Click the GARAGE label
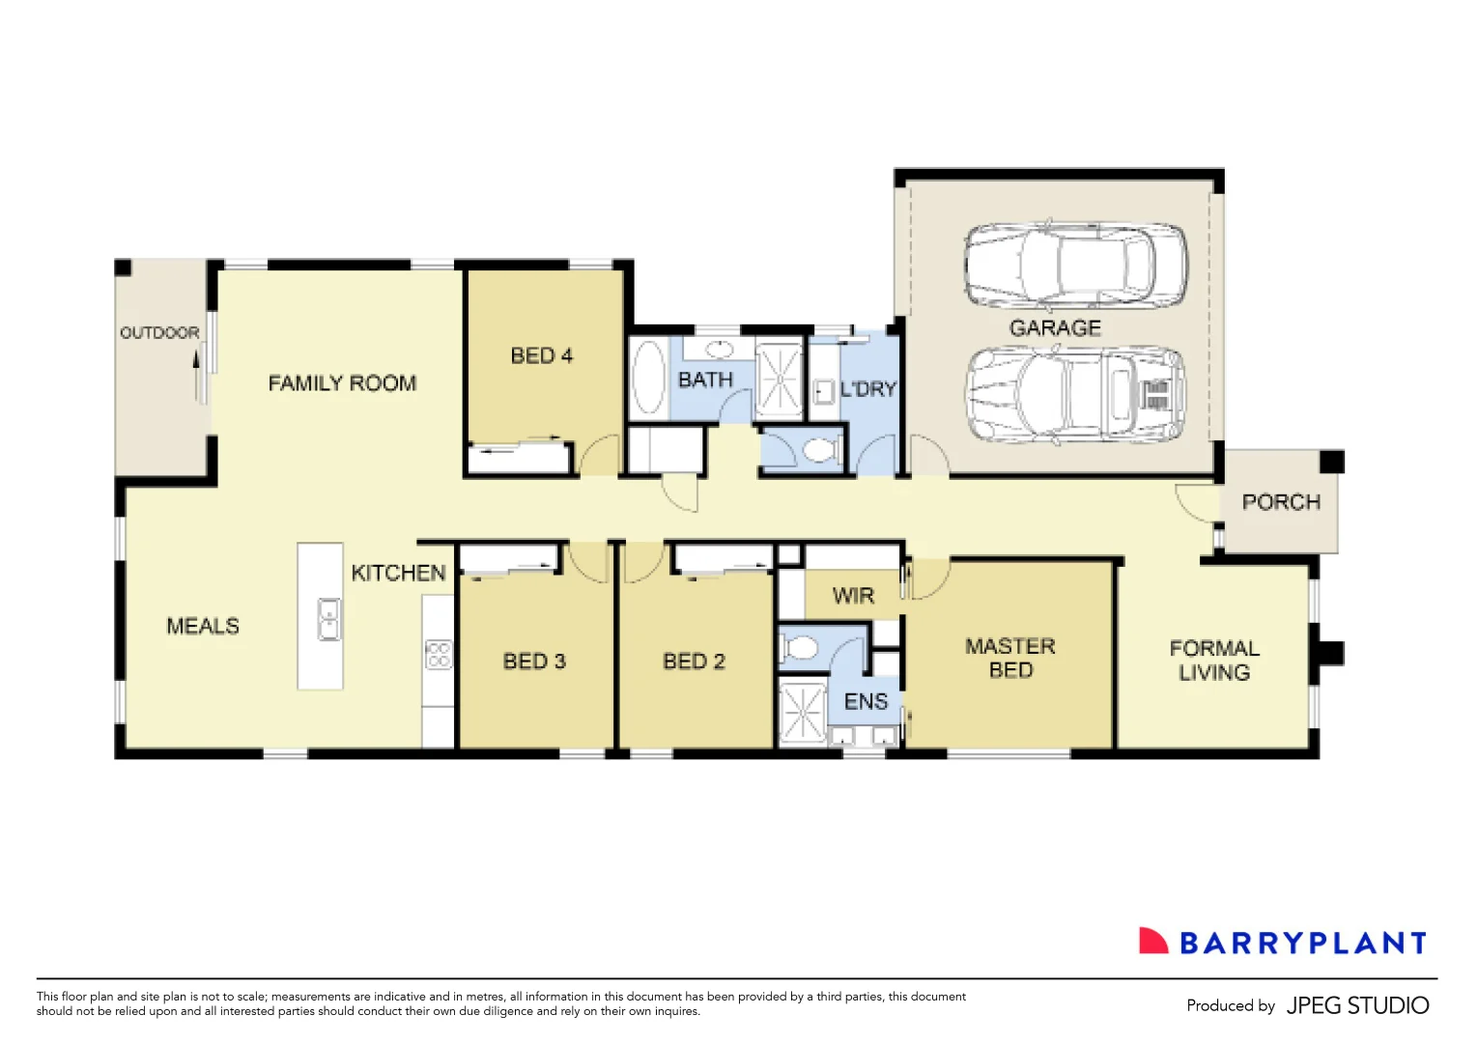click(x=1055, y=328)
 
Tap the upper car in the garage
click(x=1075, y=265)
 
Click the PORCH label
click(x=1280, y=502)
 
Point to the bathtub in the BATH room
click(x=648, y=379)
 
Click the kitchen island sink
click(x=329, y=619)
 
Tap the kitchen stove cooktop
click(x=439, y=655)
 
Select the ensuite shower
click(x=802, y=714)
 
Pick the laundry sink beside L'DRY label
click(x=824, y=391)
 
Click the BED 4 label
click(x=541, y=356)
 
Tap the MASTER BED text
click(x=1010, y=658)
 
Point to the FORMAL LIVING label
click(x=1214, y=661)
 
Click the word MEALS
click(x=203, y=626)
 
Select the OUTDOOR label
click(x=159, y=333)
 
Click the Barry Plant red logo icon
click(x=1152, y=942)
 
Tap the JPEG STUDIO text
click(x=1357, y=1005)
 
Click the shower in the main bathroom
click(x=779, y=379)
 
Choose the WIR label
click(x=853, y=596)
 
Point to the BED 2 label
click(x=694, y=662)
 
